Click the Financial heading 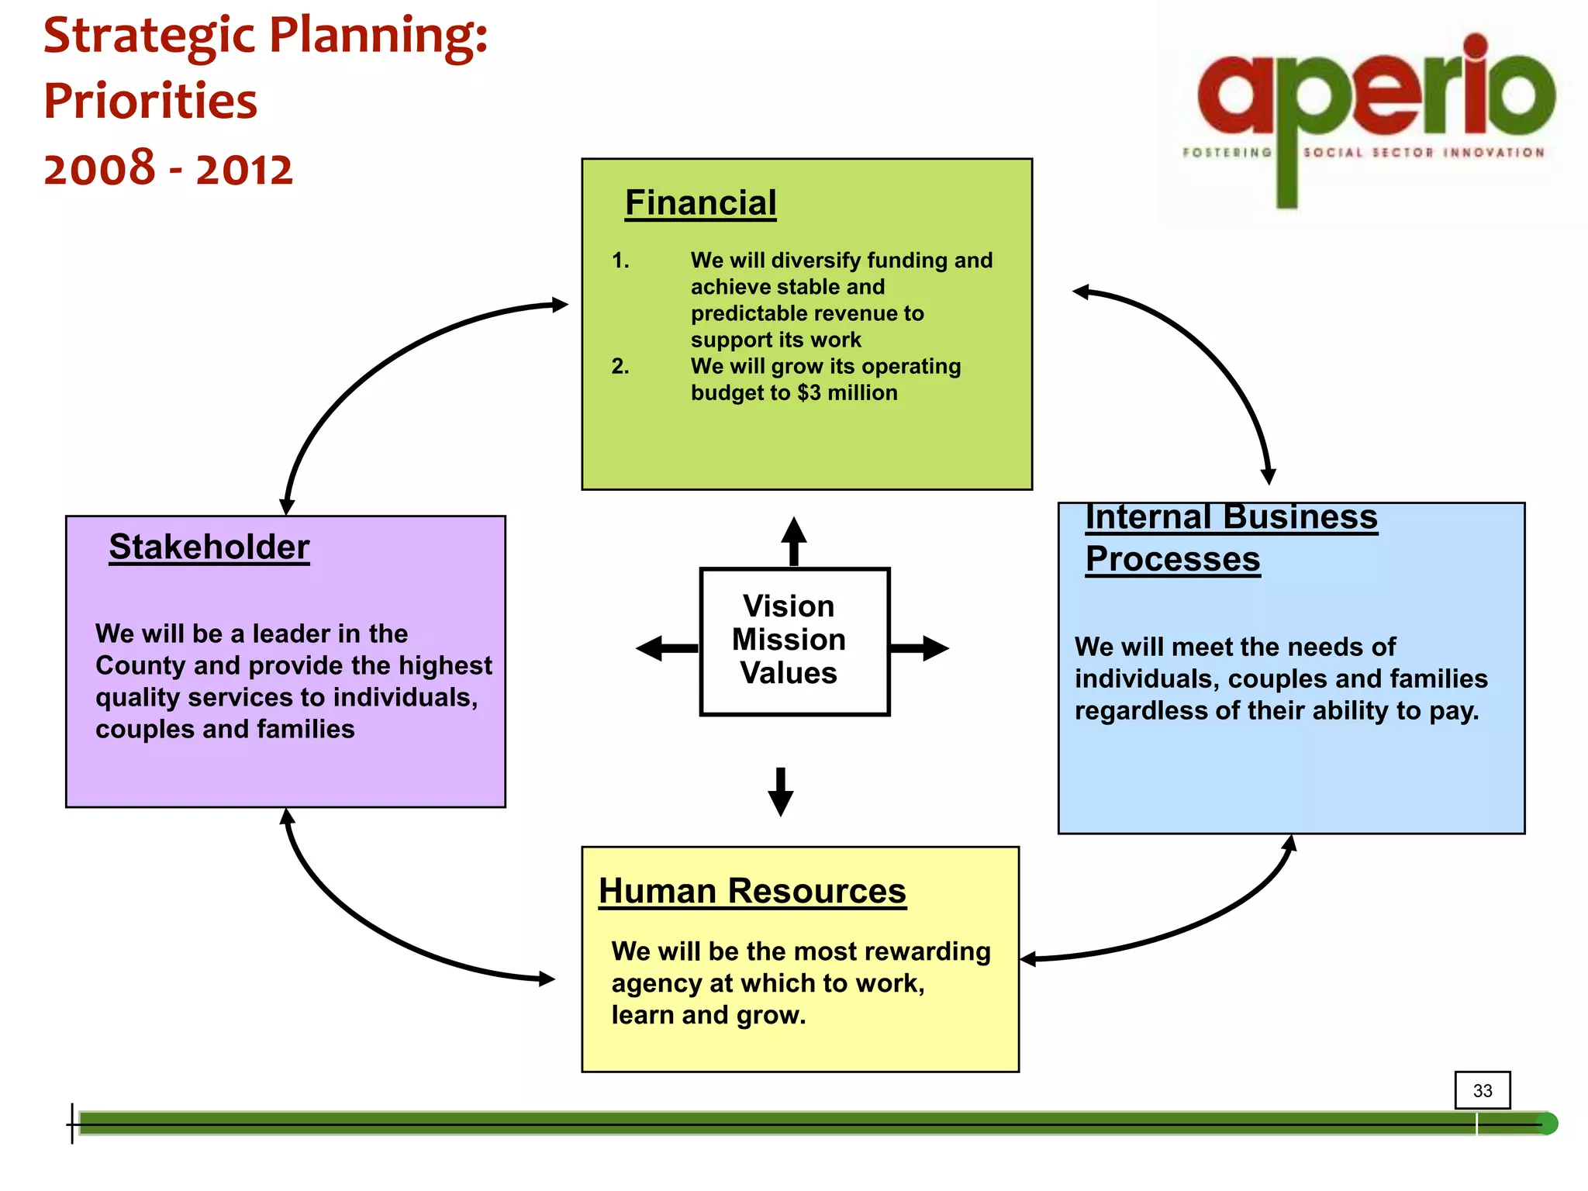pos(700,203)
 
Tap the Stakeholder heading pos(209,547)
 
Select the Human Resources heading pos(752,891)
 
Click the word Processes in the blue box pos(1172,559)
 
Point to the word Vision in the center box pos(789,606)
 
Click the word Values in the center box pos(789,673)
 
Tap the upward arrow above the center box pos(793,540)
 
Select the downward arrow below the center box pos(780,792)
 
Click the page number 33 pos(1483,1091)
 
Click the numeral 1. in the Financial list pos(620,261)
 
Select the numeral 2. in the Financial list pos(620,366)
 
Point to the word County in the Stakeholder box pos(140,666)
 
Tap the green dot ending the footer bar pos(1547,1124)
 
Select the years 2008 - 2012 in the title pos(168,169)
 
